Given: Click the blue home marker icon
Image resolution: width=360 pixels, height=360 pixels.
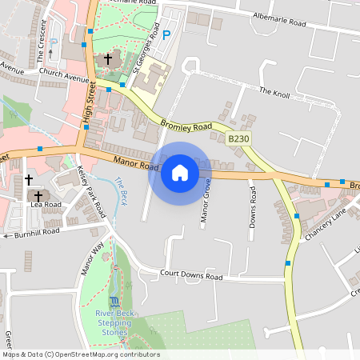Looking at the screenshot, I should [180, 172].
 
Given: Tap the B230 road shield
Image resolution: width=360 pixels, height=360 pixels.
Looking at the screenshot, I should [238, 139].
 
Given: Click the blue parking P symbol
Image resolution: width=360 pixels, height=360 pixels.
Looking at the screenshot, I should [166, 35].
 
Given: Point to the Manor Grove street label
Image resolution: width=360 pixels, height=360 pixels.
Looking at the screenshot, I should [206, 200].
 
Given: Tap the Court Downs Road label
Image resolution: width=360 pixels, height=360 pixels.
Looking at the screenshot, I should [190, 276].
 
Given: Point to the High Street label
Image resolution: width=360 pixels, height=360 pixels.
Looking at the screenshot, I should [89, 103].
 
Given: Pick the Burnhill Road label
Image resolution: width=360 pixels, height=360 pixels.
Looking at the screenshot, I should [36, 231].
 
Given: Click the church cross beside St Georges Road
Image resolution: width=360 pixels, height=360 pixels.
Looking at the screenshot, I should [108, 58].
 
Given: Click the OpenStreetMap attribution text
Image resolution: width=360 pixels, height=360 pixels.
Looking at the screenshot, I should [80, 354].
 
